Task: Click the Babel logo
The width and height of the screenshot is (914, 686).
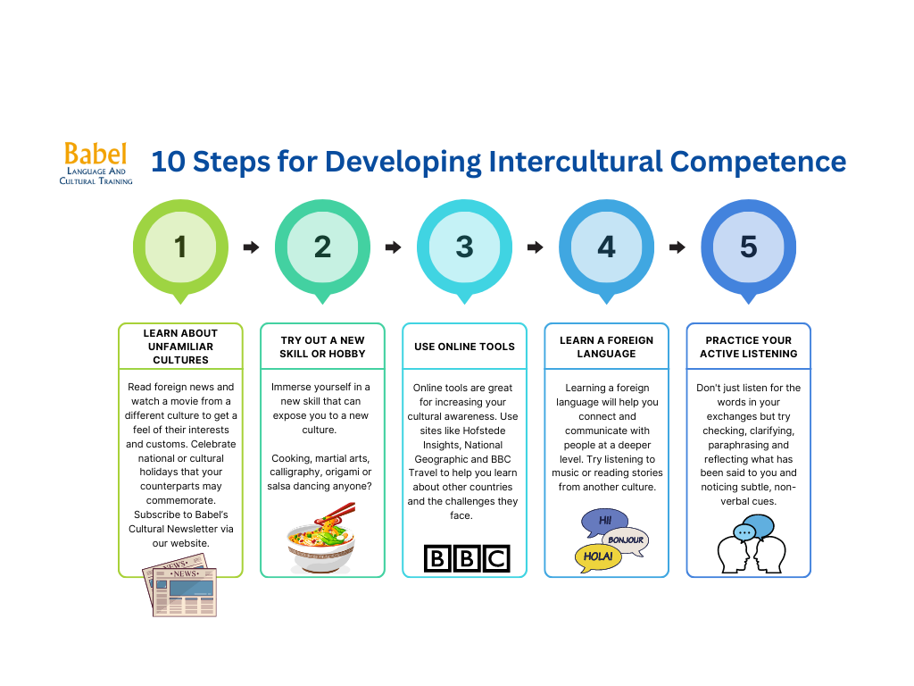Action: [x=96, y=163]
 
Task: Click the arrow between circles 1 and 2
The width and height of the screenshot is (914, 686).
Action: [x=251, y=247]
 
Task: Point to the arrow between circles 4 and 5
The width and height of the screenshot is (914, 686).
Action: [x=677, y=247]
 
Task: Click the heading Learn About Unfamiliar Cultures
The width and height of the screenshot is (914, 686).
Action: [x=180, y=347]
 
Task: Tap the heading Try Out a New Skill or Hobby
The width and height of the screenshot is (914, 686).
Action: [x=322, y=347]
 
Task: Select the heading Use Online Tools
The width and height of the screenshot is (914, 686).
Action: [x=464, y=347]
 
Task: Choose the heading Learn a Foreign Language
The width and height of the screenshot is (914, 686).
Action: [x=606, y=347]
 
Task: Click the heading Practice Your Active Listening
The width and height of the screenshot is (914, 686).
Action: [x=749, y=347]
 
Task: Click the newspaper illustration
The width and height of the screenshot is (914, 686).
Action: [x=180, y=585]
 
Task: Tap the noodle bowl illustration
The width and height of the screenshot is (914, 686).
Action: [x=321, y=539]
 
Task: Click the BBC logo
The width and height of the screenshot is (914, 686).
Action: [x=467, y=558]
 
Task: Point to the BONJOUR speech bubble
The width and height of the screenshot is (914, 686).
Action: [x=626, y=540]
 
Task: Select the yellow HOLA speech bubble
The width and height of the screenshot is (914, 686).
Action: [x=598, y=557]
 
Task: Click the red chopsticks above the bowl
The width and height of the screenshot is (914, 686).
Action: [x=336, y=514]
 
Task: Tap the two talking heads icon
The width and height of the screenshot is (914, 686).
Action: [x=751, y=544]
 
